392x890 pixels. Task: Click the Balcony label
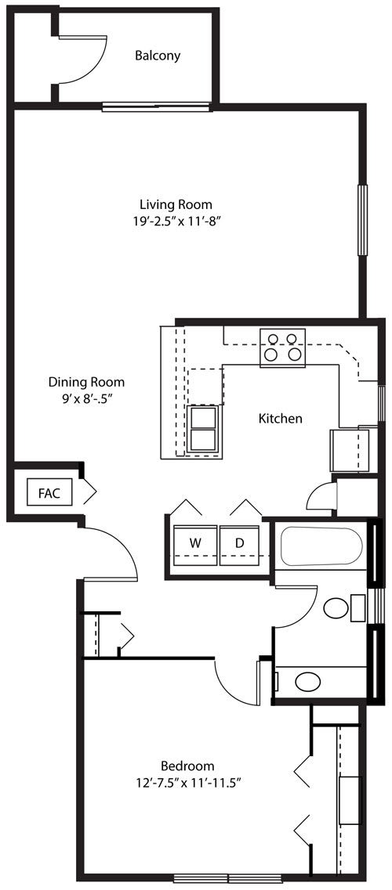(x=158, y=56)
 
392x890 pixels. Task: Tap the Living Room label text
(x=176, y=204)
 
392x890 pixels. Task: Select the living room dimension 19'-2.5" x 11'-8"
(x=176, y=222)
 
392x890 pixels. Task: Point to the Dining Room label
(x=86, y=382)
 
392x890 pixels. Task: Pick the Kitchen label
(x=280, y=419)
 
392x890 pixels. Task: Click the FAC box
(x=50, y=492)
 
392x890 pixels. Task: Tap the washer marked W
(x=195, y=546)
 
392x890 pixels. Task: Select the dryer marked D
(x=239, y=546)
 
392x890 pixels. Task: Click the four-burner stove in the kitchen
(x=282, y=348)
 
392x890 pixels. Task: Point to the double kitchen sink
(x=202, y=429)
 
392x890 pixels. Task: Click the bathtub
(x=321, y=546)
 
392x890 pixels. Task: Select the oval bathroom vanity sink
(x=308, y=681)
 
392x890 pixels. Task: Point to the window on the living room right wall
(x=362, y=220)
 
